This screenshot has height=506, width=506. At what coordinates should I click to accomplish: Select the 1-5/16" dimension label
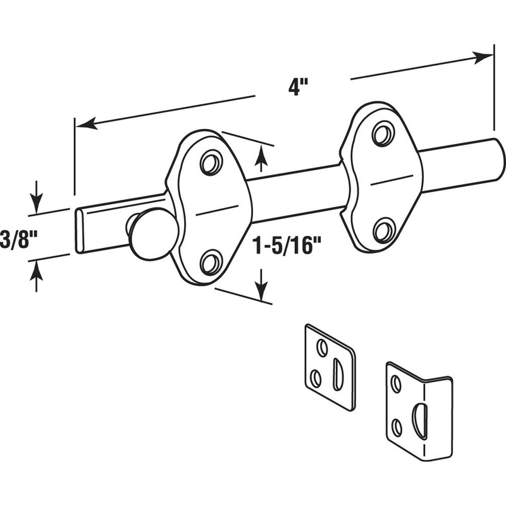pyautogui.click(x=283, y=246)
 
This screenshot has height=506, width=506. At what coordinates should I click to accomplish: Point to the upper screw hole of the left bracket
pyautogui.click(x=212, y=162)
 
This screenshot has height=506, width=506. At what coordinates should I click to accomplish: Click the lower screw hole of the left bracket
pyautogui.click(x=212, y=261)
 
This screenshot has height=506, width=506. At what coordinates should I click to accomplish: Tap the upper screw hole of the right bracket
pyautogui.click(x=384, y=133)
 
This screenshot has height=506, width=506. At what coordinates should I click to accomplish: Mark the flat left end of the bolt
pyautogui.click(x=80, y=231)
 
